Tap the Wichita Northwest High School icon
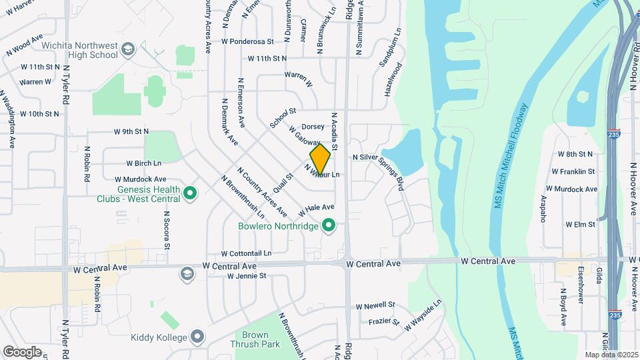(x=127, y=49)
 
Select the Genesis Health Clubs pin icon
(x=190, y=193)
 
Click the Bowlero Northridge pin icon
(x=328, y=227)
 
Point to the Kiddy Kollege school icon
(x=197, y=337)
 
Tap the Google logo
(x=22, y=351)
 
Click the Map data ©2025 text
(x=610, y=355)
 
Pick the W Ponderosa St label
(x=248, y=41)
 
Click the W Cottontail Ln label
(x=247, y=254)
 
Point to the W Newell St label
(x=375, y=305)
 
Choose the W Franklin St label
(x=573, y=171)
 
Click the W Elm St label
(x=580, y=225)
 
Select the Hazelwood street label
(x=394, y=80)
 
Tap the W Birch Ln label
(x=143, y=163)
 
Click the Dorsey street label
(x=313, y=126)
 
